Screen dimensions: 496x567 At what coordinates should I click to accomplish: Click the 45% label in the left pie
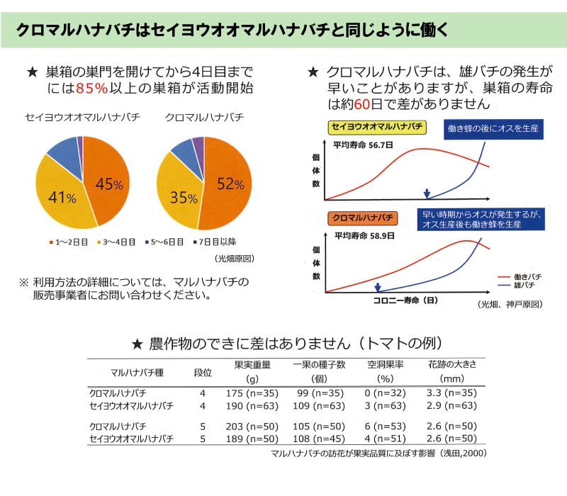pyautogui.click(x=109, y=184)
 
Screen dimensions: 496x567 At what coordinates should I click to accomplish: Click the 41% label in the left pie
pyautogui.click(x=62, y=198)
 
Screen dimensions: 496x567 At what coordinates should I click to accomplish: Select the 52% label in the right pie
pyautogui.click(x=230, y=184)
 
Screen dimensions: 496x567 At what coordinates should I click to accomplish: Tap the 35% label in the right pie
pyautogui.click(x=183, y=198)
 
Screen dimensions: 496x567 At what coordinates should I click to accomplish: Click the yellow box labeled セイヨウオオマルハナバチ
pyautogui.click(x=377, y=127)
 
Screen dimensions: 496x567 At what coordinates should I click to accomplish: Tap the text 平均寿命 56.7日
pyautogui.click(x=364, y=144)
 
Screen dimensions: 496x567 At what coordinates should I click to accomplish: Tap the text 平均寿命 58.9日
pyautogui.click(x=364, y=234)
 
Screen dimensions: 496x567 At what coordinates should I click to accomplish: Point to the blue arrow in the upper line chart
pyautogui.click(x=427, y=193)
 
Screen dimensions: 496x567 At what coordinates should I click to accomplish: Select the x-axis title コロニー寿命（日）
pyautogui.click(x=406, y=300)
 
